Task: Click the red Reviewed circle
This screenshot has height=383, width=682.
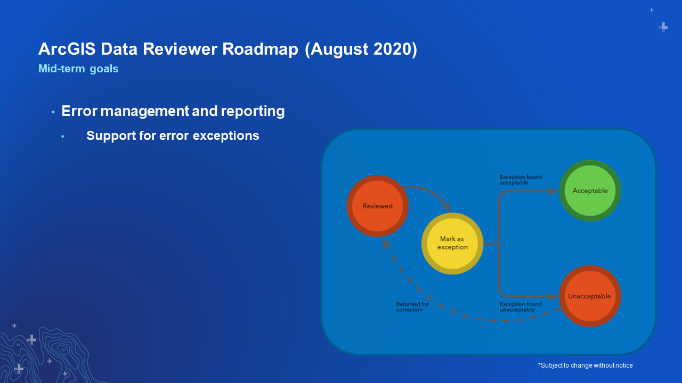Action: tap(378, 206)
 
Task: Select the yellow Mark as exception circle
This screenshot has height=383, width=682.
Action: tap(452, 244)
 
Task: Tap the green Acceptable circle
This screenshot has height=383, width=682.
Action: tap(590, 190)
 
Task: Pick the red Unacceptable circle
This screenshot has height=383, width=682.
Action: tap(590, 296)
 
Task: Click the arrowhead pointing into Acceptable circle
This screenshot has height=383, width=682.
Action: tap(553, 191)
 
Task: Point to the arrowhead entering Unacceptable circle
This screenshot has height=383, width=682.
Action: tap(553, 296)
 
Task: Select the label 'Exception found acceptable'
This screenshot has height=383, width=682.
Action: tap(521, 180)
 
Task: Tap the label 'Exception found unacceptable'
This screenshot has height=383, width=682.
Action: tap(521, 307)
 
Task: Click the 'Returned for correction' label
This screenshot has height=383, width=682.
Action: tap(412, 307)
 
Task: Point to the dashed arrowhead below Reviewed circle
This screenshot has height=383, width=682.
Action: tap(386, 244)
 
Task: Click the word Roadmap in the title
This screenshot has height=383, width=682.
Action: tap(260, 49)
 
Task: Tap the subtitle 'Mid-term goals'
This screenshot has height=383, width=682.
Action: tap(78, 69)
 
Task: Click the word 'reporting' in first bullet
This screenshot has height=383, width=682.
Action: tap(253, 111)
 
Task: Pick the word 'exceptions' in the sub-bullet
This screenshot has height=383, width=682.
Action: tap(226, 136)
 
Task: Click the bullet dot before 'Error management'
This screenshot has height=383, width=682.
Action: tap(53, 112)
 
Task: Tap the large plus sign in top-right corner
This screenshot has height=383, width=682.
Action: tap(663, 27)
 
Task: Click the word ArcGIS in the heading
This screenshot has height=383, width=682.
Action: tap(67, 49)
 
